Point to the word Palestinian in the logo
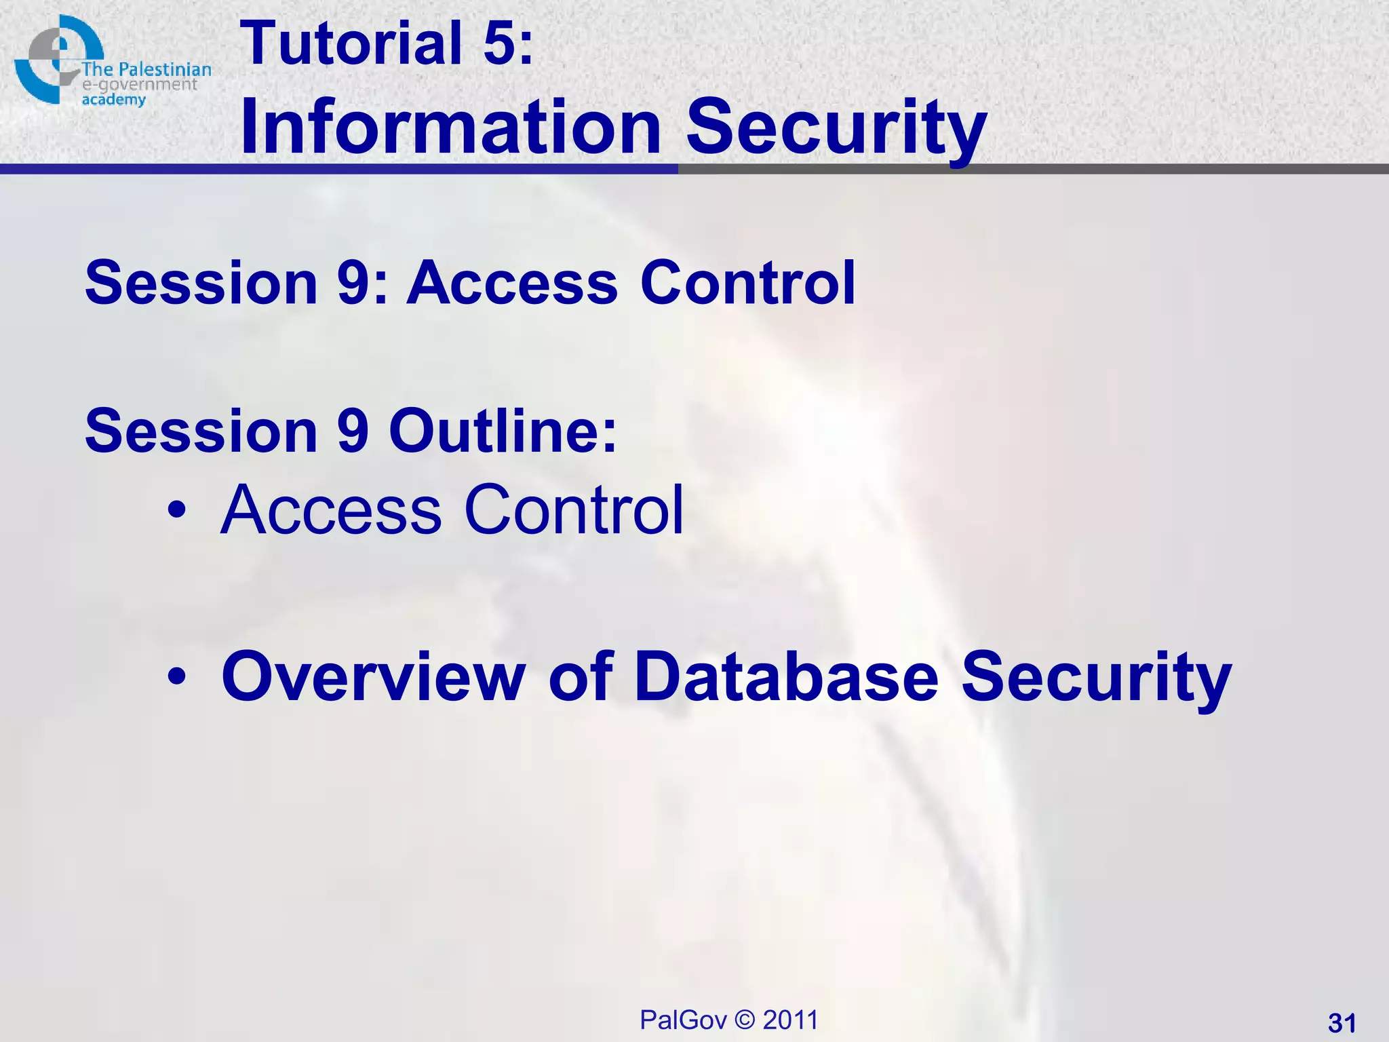coord(165,69)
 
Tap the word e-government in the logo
coord(139,85)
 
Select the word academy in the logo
coord(113,100)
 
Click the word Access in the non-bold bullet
coord(331,510)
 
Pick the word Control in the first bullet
coord(574,510)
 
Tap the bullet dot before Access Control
coord(177,510)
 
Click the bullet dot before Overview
coord(177,676)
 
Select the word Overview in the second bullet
coord(373,676)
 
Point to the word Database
coord(785,676)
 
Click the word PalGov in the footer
coord(683,1020)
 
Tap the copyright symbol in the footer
coord(745,1020)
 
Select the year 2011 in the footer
coord(790,1020)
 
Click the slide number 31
coord(1342,1023)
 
